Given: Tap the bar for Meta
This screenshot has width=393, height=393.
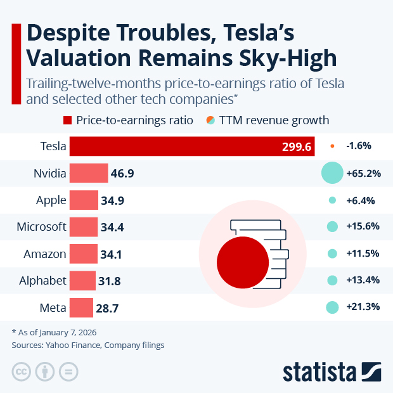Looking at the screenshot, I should pos(81,308).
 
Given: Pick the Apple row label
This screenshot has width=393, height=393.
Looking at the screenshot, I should pos(51,200).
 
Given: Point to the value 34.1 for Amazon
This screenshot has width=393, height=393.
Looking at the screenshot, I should pos(112,254).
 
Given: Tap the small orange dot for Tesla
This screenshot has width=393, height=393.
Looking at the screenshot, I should pos(332,146).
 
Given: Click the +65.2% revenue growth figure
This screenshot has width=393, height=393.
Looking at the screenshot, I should pos(363,173).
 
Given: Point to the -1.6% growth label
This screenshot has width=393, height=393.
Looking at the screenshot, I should pos(359,146).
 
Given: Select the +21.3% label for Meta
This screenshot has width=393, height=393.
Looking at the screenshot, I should pos(363,307).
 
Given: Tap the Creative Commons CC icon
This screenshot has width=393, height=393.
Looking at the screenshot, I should pos(22,371).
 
